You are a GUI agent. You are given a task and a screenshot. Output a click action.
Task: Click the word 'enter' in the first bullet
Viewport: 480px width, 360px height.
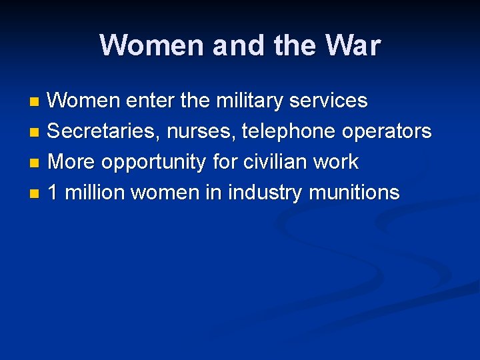151,101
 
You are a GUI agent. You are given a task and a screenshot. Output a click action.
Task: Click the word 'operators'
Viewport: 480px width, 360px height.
387,131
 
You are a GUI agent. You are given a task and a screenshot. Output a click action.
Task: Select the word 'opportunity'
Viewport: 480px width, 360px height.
153,162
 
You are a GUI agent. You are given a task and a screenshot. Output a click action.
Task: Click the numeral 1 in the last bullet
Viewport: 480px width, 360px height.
53,193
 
